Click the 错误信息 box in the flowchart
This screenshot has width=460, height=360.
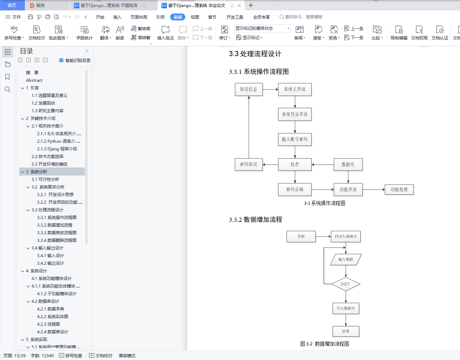click(x=249, y=89)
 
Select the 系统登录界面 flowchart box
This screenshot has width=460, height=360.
click(x=295, y=114)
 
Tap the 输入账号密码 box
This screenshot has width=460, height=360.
click(x=295, y=139)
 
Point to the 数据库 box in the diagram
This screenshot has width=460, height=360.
click(x=348, y=165)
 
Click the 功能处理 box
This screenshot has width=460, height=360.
click(x=399, y=190)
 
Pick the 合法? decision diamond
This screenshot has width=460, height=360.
click(x=346, y=284)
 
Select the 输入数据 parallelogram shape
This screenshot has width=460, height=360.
click(x=346, y=260)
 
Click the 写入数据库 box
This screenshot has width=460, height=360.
click(x=346, y=308)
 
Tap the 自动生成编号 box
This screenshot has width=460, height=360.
click(x=346, y=236)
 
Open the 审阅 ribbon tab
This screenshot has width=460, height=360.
click(x=178, y=17)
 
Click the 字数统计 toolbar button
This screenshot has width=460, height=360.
click(x=85, y=33)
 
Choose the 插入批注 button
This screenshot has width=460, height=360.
click(x=166, y=33)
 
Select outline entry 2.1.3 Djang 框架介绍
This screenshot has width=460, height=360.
click(x=57, y=149)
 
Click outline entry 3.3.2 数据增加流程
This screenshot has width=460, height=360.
click(x=55, y=225)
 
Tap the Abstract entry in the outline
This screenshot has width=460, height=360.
click(x=34, y=80)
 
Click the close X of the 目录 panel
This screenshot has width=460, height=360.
click(x=87, y=51)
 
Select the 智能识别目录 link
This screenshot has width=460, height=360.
click(x=75, y=60)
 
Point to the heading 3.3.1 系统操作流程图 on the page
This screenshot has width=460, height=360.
click(x=259, y=72)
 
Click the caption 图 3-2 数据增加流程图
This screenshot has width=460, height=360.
click(x=325, y=344)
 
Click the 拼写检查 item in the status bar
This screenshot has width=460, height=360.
click(x=71, y=355)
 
